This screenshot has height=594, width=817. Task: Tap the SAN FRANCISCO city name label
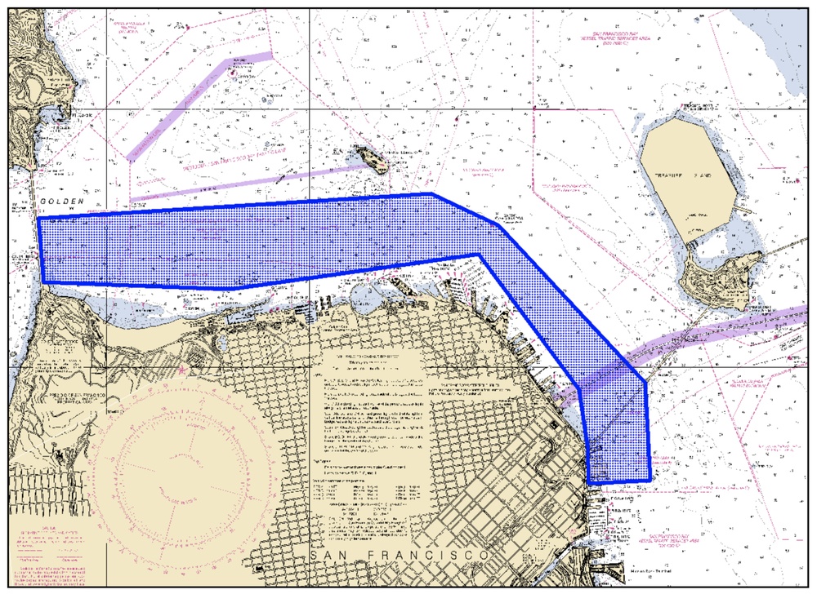click(400, 555)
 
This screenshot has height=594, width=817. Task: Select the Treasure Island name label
click(685, 175)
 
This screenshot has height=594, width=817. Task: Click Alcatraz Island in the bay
click(369, 157)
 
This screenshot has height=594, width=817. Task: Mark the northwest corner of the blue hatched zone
click(39, 219)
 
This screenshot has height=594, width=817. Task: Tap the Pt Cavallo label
click(78, 115)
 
